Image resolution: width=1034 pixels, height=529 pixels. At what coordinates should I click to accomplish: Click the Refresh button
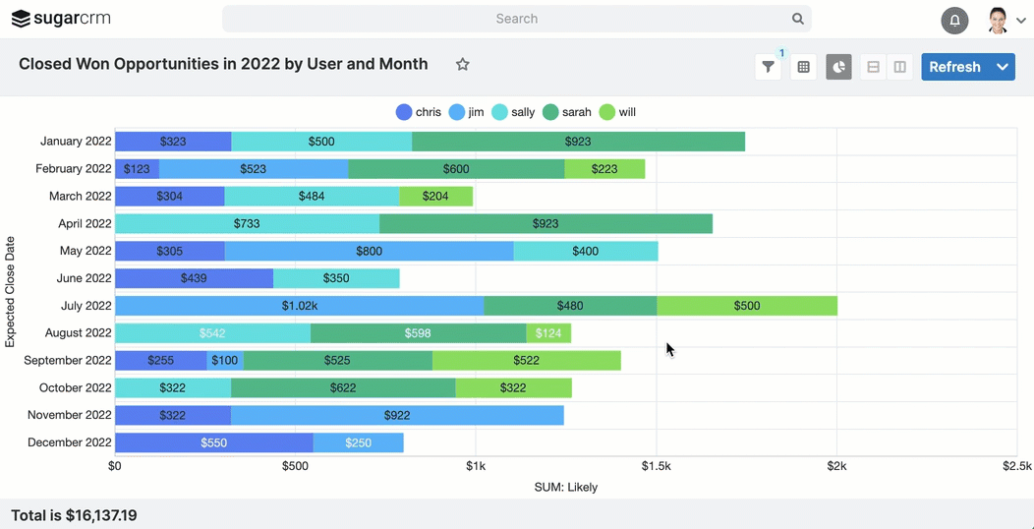954,67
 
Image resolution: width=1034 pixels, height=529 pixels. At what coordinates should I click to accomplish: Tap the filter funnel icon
769,67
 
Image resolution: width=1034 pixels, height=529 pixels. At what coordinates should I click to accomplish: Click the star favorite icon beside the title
462,64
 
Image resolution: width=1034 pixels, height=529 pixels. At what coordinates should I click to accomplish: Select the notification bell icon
954,20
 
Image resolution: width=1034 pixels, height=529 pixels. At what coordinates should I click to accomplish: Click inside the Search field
516,19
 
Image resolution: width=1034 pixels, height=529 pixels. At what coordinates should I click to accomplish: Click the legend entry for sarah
567,112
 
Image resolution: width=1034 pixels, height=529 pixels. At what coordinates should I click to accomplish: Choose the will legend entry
618,112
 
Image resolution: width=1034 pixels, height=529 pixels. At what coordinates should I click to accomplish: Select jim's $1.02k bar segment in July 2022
300,306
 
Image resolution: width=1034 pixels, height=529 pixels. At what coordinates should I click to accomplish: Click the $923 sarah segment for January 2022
578,142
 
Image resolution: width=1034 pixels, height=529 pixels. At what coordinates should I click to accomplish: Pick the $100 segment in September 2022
225,361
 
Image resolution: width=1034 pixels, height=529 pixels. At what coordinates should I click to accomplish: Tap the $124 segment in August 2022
548,333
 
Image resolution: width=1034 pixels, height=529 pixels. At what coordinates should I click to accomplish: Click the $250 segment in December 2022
358,443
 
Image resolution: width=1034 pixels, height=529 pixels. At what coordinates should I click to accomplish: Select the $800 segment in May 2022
369,252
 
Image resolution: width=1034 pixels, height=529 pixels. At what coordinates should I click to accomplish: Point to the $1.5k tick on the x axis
656,466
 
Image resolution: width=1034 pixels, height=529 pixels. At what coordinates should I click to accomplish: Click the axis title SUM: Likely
565,487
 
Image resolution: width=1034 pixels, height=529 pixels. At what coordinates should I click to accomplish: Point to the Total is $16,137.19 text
74,515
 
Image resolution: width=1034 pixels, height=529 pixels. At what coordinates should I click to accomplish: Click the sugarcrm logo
61,19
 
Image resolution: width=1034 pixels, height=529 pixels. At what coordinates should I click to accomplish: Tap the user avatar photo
998,20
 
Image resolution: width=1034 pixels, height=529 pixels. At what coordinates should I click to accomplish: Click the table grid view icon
803,67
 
